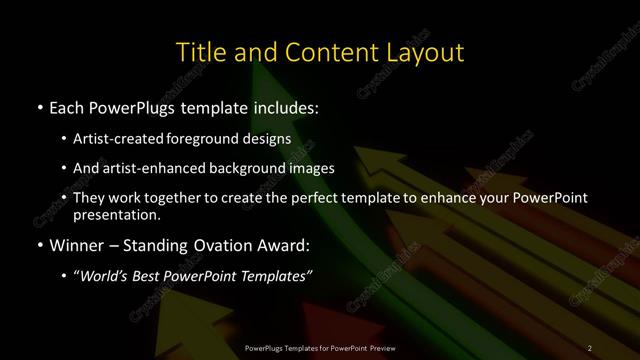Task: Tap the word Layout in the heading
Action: click(x=421, y=52)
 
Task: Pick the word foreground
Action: click(x=215, y=138)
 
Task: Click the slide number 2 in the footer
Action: click(x=590, y=347)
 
